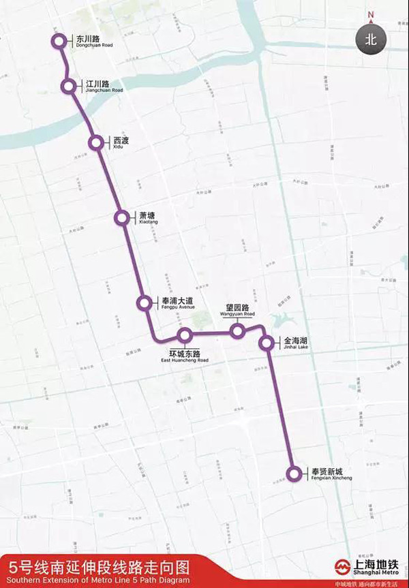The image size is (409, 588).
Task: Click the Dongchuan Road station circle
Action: [x=59, y=42]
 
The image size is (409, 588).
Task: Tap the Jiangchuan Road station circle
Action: [x=69, y=87]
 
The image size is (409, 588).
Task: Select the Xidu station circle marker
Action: [x=96, y=142]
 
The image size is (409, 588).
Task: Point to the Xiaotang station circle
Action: [x=121, y=218]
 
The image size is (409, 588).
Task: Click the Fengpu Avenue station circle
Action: [x=145, y=303]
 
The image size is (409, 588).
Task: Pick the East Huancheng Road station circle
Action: [x=184, y=335]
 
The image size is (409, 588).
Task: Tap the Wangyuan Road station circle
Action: [x=237, y=331]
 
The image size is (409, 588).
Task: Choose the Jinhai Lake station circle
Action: [x=267, y=343]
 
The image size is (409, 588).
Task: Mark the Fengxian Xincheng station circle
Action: [x=294, y=474]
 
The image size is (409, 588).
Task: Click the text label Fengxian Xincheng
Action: [x=331, y=474]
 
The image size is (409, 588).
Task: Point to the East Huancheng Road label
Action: [x=189, y=356]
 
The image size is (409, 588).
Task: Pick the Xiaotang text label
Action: [x=148, y=218]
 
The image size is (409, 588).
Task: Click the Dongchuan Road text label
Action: [x=91, y=42]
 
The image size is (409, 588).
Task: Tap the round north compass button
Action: [x=370, y=39]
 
